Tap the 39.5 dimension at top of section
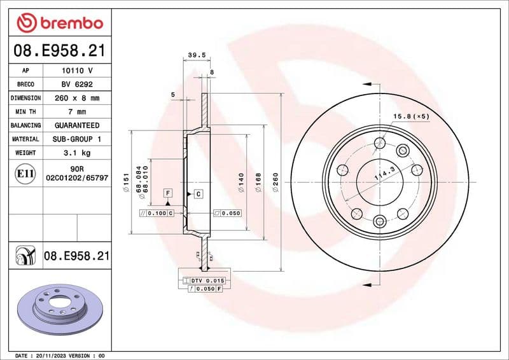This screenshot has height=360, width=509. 197,55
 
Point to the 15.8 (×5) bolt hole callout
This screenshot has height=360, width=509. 411,116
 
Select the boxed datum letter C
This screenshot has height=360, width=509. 199,193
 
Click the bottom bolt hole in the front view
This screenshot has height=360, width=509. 380,221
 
